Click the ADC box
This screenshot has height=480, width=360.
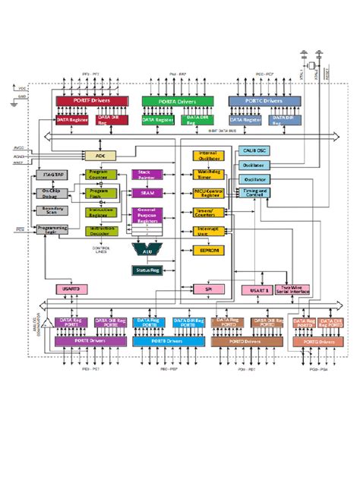point(100,155)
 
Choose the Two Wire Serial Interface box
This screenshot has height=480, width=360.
point(292,289)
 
